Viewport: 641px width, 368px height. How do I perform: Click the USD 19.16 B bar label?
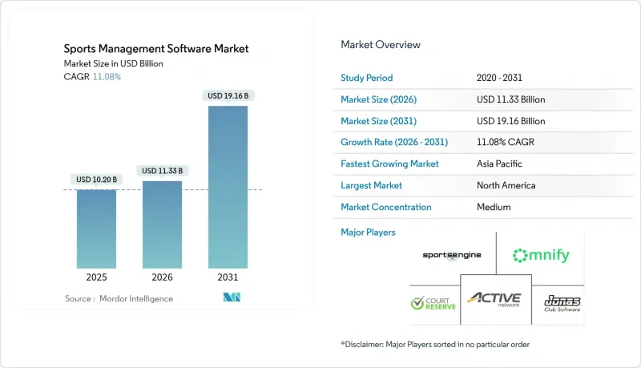tap(228, 96)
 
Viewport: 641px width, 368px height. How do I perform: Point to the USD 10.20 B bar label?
tap(96, 179)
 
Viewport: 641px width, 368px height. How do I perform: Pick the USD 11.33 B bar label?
tap(162, 171)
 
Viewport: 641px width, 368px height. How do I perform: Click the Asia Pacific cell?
tap(500, 164)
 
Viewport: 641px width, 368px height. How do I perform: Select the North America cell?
tap(506, 185)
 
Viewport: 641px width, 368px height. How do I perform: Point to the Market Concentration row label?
tap(386, 207)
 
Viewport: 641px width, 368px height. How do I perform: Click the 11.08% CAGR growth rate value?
tap(506, 142)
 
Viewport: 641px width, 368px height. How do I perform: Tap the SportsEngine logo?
tap(454, 256)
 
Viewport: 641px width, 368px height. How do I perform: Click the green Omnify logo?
tap(541, 256)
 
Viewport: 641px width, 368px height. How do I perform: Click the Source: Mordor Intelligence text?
tap(119, 298)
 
